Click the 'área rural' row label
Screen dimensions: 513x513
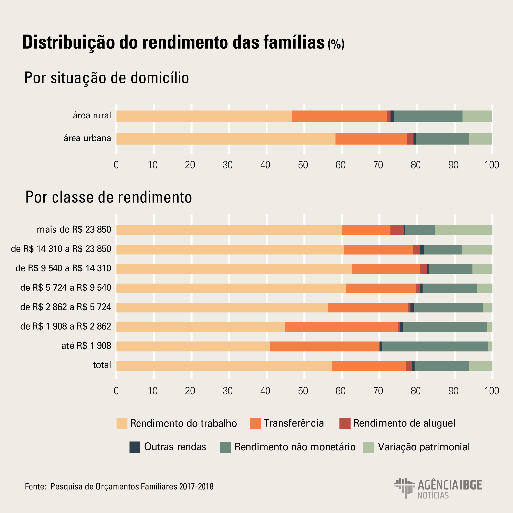92,116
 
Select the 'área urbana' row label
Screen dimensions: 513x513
87,139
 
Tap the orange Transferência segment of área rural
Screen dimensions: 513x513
339,116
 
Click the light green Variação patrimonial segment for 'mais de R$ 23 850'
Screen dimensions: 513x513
463,230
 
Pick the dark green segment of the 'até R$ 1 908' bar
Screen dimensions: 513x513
435,346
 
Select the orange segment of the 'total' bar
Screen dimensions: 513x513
369,366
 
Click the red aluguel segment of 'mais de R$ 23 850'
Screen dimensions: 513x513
397,230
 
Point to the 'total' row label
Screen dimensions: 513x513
102,365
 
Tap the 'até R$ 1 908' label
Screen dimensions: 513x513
86,346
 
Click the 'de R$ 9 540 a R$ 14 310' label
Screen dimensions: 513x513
63,269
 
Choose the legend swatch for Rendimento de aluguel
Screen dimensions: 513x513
345,423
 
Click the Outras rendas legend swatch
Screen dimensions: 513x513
135,447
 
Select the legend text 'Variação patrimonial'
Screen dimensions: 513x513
424,447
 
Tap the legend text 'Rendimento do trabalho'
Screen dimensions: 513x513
183,423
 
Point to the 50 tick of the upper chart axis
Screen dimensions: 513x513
303,165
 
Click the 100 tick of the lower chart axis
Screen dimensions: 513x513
492,391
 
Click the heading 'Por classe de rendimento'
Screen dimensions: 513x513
109,197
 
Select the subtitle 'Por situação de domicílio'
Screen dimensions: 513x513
107,78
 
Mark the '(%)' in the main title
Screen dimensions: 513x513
336,44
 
